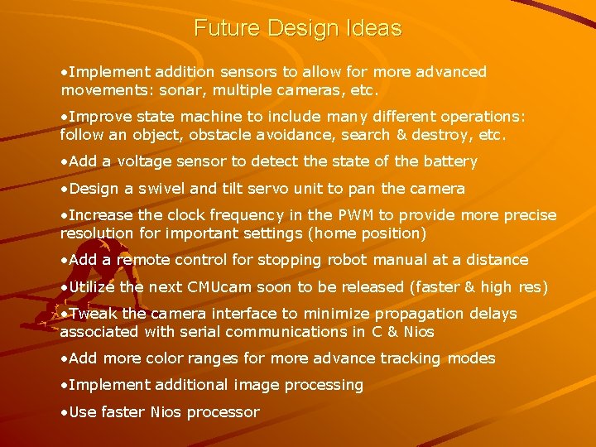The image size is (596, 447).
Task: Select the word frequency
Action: (x=238, y=215)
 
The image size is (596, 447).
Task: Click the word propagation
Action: (x=421, y=314)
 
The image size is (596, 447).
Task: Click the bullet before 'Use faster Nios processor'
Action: (x=64, y=412)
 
